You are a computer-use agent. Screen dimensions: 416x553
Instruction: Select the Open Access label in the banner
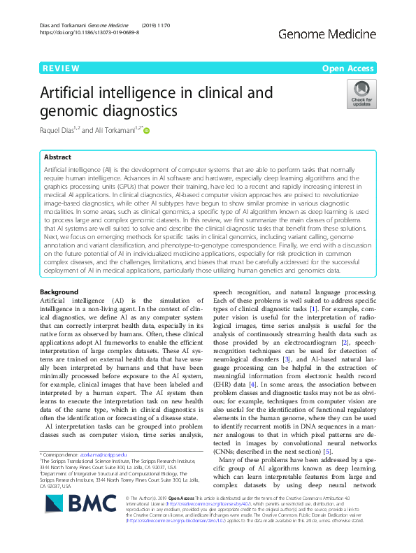(348, 68)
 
